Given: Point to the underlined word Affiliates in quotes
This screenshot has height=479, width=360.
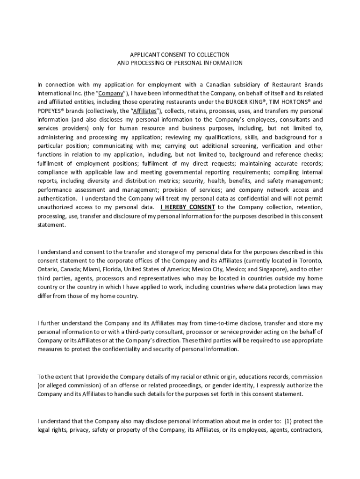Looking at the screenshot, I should coord(145,110).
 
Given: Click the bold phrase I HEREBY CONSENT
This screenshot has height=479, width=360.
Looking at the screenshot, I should coord(187,207).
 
